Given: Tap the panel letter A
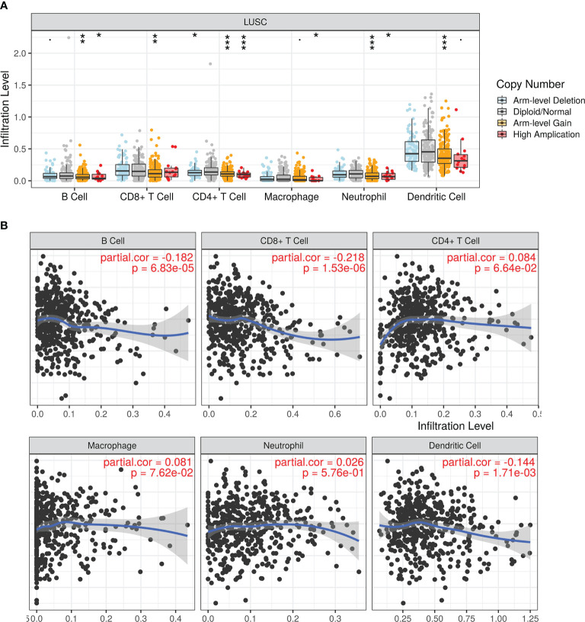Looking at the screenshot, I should pyautogui.click(x=6, y=6).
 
